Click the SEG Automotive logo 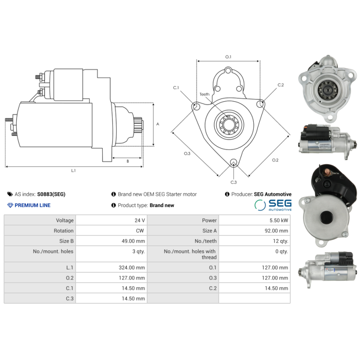[x=273, y=205]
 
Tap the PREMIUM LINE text [x=32, y=205]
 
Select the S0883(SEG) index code [x=51, y=194]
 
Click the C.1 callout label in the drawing [x=176, y=87]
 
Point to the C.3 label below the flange [x=234, y=182]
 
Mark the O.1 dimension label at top [x=228, y=57]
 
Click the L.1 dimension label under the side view [x=73, y=171]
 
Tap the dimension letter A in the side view [x=157, y=124]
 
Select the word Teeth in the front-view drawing [x=205, y=94]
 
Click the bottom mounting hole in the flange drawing [x=233, y=163]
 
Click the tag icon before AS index [x=10, y=194]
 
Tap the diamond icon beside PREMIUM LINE [x=10, y=205]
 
